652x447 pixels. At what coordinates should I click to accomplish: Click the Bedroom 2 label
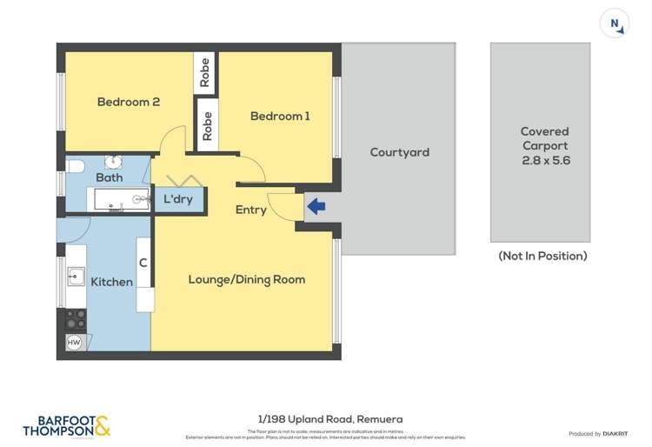128,102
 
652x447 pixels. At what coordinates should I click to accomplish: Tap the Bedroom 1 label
280,116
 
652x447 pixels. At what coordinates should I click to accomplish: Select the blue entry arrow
316,207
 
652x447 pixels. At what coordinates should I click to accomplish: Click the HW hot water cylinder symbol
75,342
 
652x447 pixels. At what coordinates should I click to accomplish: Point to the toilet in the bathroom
74,165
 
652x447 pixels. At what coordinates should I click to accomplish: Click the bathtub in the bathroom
120,200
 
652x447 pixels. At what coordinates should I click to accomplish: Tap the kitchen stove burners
76,319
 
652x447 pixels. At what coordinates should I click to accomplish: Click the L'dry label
178,200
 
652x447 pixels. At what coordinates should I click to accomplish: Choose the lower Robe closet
207,126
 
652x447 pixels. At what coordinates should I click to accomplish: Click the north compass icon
615,23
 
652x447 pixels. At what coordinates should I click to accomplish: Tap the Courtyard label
399,152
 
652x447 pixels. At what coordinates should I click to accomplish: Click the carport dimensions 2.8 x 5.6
544,161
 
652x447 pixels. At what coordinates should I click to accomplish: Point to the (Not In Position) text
542,256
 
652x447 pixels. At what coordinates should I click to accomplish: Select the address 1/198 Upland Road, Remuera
326,419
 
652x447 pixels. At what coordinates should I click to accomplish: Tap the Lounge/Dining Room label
247,279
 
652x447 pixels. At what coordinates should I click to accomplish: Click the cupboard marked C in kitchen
143,263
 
